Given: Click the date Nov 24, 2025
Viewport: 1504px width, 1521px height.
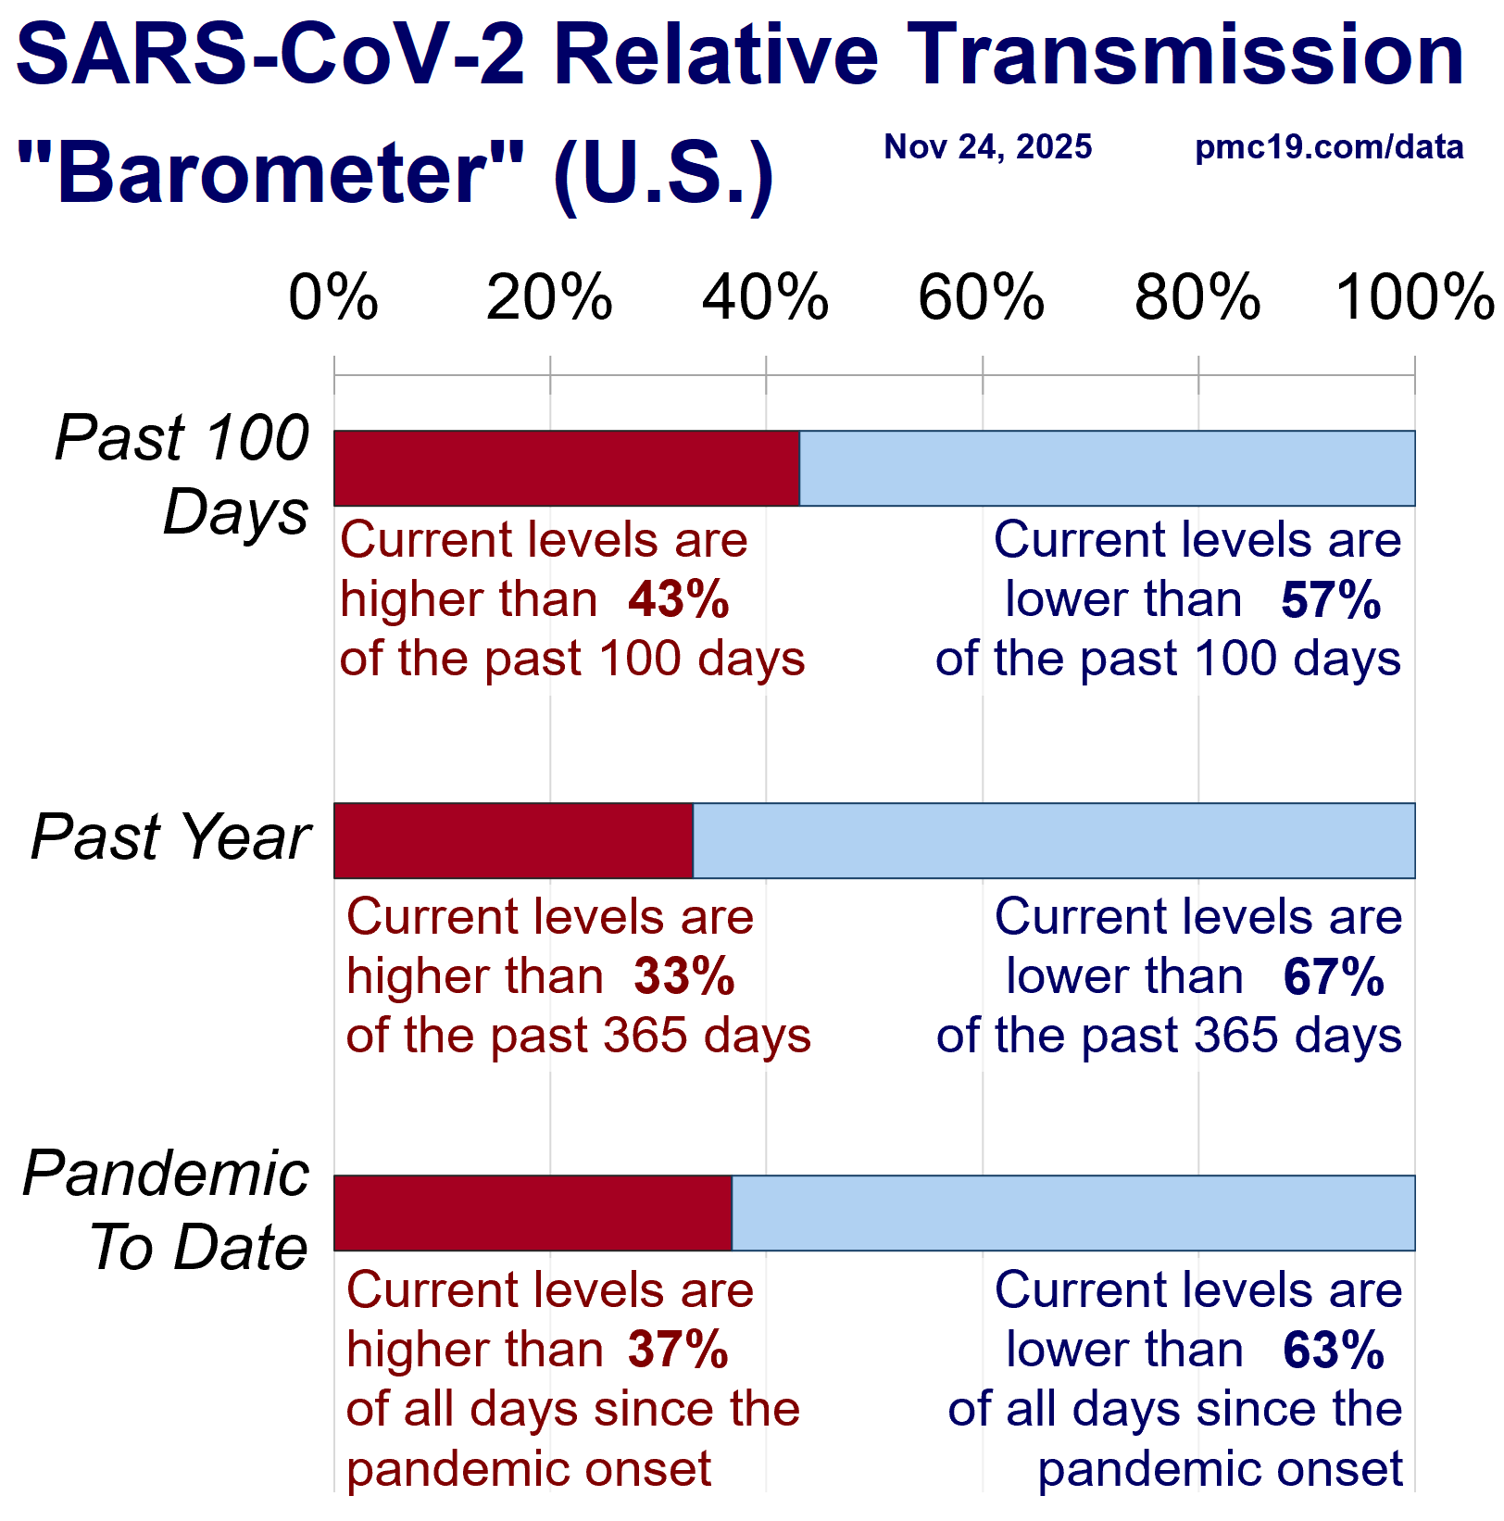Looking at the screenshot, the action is point(988,147).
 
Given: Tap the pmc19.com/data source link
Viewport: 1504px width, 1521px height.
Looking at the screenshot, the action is point(1329,147).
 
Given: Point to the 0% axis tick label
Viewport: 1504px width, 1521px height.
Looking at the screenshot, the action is point(333,298).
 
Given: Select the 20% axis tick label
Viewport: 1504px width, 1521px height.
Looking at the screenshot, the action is point(550,298).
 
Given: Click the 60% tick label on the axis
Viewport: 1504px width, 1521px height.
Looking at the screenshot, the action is point(982,298).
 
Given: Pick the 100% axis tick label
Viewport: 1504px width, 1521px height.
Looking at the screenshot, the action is point(1415,298).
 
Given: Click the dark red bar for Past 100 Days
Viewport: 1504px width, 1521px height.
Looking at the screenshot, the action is point(567,469).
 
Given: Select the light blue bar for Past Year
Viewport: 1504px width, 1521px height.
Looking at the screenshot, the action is point(1054,841).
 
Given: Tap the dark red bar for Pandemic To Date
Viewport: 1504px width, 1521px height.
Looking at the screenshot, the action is point(533,1213).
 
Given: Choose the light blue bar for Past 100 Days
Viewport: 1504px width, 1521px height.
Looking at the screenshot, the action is point(1108,469).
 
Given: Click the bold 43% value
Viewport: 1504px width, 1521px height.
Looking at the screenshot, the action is point(679,600).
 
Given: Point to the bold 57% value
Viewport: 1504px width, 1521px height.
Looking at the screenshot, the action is point(1331,600).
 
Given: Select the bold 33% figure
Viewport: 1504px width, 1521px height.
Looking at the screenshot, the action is point(684,977).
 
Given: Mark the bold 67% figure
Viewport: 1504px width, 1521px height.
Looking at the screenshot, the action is point(1334,977).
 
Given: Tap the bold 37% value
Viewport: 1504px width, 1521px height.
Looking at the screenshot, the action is point(679,1351).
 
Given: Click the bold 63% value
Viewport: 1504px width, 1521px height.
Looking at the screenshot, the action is point(1334,1351).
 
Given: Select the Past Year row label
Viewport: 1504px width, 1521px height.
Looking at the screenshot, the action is point(170,837).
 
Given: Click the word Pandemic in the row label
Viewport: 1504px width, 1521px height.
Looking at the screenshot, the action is point(166,1174).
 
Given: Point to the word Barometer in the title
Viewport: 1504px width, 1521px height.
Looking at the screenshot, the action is point(270,173).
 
